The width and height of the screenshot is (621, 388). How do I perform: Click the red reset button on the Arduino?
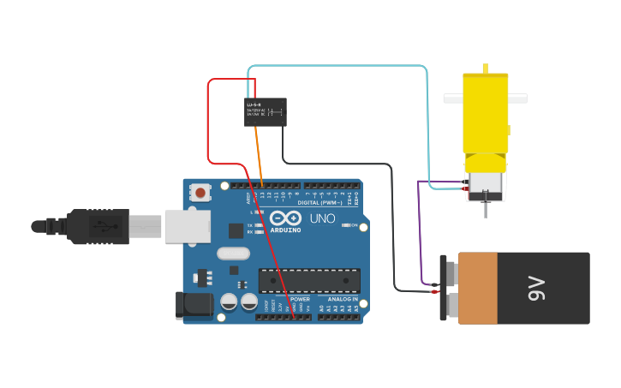tap(200, 193)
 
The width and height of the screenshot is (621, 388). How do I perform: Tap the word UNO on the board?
tap(322, 219)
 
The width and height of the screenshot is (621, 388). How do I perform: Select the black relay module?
tap(265, 111)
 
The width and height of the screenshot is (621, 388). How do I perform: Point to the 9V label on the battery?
tap(537, 289)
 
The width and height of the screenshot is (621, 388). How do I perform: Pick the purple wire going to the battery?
tap(419, 231)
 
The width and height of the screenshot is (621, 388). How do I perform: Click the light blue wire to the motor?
tap(343, 65)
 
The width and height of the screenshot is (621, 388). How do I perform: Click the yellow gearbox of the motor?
tap(485, 111)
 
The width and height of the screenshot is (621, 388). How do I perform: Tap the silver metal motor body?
tap(485, 182)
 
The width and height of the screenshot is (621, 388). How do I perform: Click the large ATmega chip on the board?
tap(309, 280)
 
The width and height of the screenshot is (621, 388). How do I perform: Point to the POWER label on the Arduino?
tap(300, 299)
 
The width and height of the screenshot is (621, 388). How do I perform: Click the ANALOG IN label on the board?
tap(343, 299)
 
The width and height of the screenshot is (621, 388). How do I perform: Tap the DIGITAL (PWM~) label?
tap(319, 203)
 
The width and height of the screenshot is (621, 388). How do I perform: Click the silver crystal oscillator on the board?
tap(233, 253)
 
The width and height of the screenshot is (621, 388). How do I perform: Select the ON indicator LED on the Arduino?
tap(344, 225)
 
